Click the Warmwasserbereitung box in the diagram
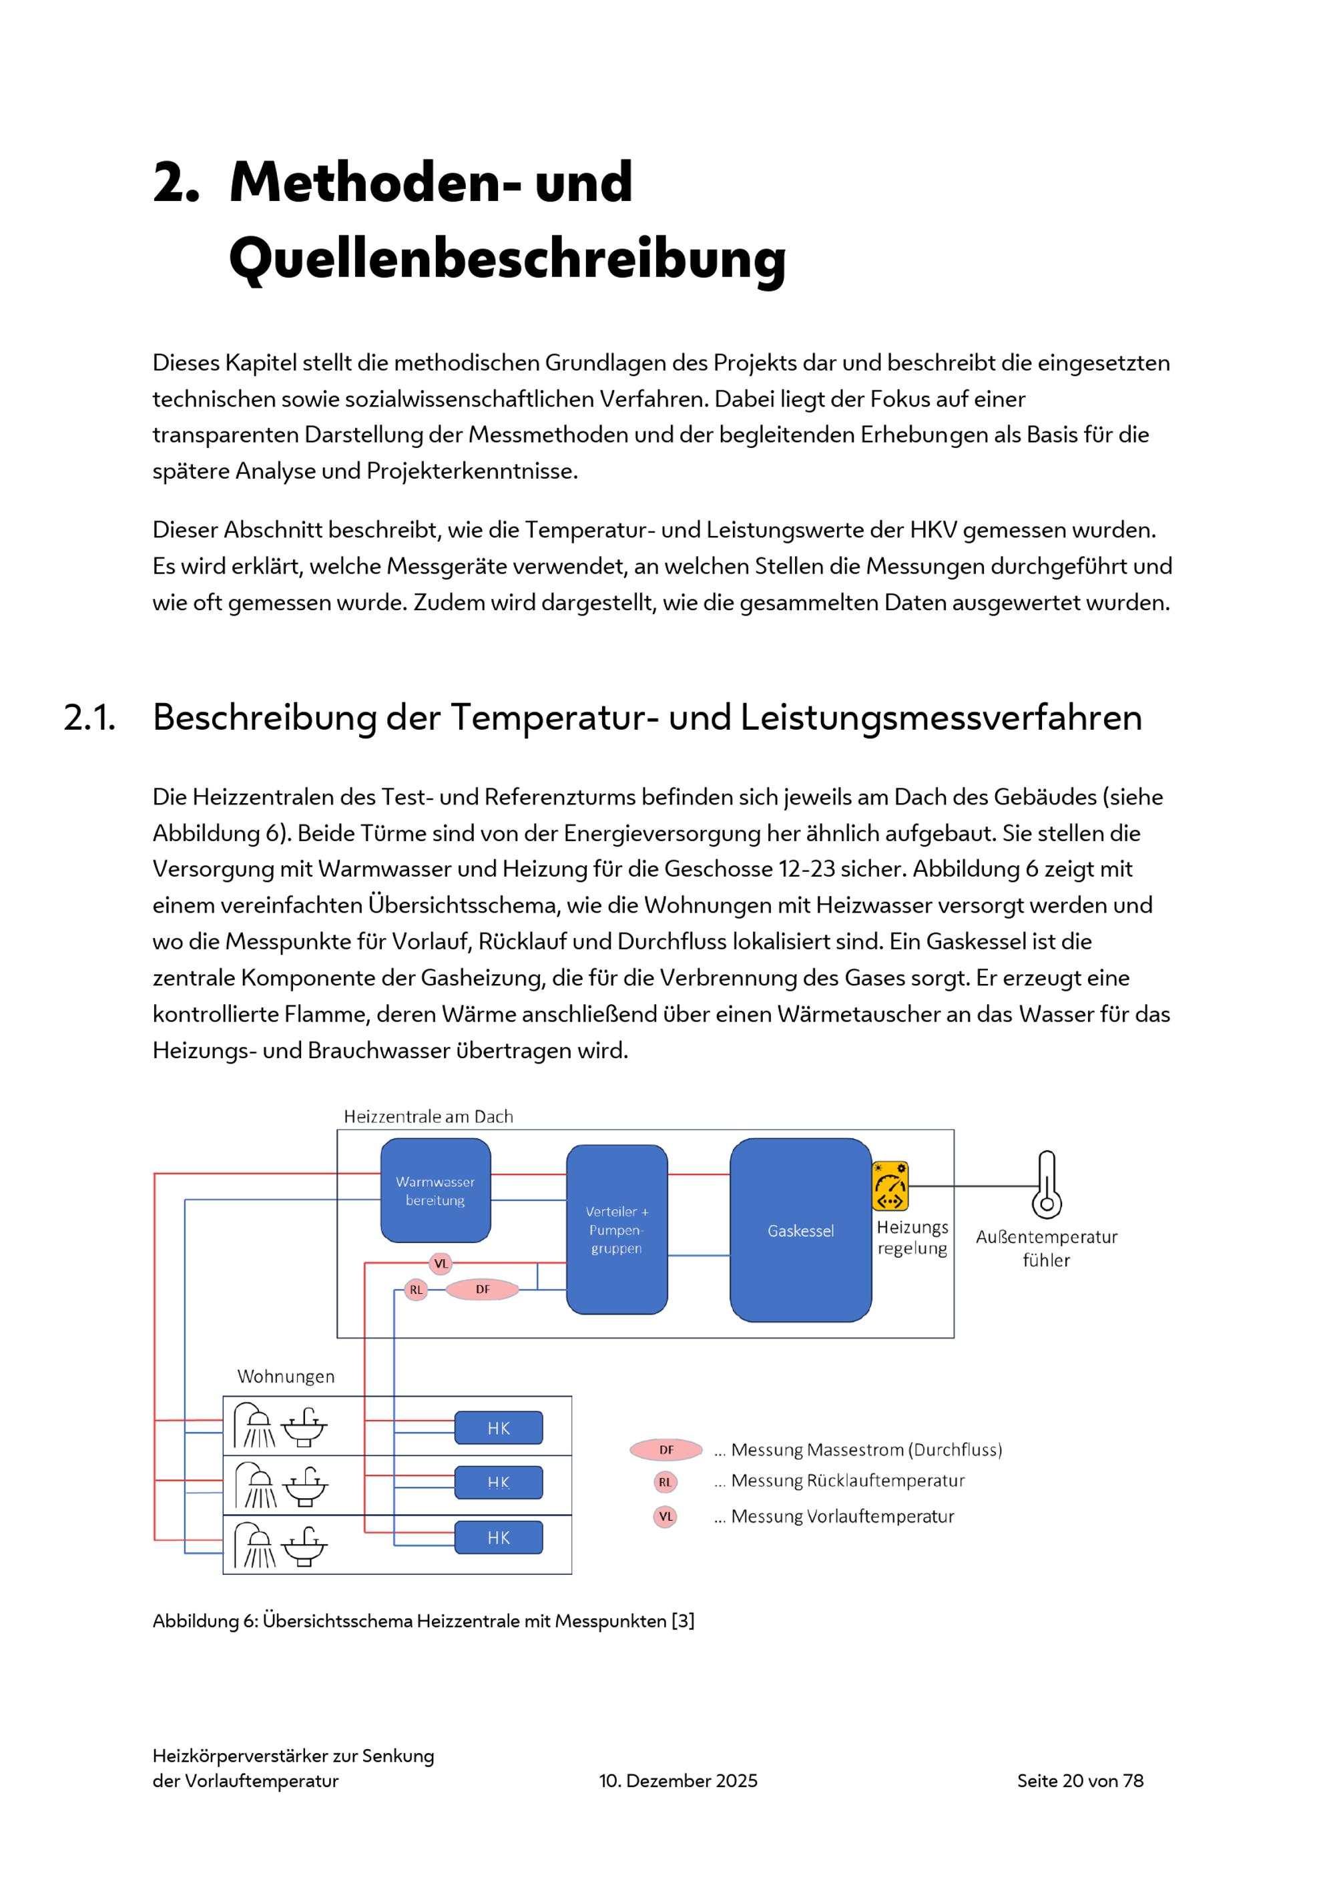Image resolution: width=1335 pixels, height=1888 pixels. (436, 1190)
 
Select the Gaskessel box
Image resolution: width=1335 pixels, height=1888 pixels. (801, 1230)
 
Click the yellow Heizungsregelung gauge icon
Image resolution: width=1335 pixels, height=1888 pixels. (890, 1186)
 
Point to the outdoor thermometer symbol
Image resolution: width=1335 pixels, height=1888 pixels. (1047, 1184)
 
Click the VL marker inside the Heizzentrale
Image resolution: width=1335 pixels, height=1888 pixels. (441, 1263)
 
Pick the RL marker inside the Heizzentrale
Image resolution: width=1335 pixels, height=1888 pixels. (416, 1289)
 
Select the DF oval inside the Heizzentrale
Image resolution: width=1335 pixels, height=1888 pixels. (483, 1289)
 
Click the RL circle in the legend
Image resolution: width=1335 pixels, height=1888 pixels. (665, 1482)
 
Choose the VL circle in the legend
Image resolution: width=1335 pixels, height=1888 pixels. (665, 1516)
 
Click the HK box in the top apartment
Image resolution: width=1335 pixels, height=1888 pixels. (499, 1427)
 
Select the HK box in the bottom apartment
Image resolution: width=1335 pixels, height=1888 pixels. (499, 1538)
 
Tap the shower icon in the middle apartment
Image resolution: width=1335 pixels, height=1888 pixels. (256, 1484)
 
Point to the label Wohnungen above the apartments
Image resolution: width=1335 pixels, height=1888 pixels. (286, 1377)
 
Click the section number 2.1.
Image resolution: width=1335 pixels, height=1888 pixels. (89, 717)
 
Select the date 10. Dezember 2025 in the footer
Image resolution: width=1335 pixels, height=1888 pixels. (678, 1781)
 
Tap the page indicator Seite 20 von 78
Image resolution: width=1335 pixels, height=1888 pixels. (1080, 1781)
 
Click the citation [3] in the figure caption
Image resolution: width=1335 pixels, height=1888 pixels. (683, 1621)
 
